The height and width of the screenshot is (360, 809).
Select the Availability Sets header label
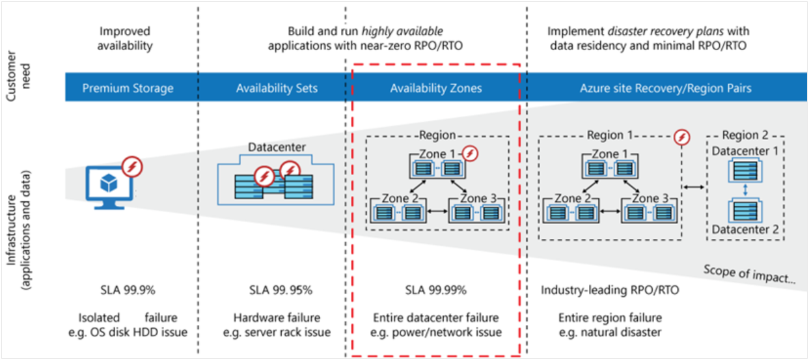click(277, 88)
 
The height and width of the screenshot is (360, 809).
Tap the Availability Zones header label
click(435, 88)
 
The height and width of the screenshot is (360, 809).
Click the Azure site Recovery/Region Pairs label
click(665, 88)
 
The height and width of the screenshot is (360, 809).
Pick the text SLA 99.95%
click(276, 290)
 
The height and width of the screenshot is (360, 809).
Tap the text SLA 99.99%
click(435, 290)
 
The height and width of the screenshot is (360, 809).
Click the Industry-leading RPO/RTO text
click(610, 290)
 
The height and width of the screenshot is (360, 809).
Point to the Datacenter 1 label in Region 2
click(745, 151)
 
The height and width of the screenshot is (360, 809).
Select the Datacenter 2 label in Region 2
click(745, 229)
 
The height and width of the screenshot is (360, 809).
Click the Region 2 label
click(745, 135)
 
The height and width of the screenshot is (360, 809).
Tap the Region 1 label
click(610, 135)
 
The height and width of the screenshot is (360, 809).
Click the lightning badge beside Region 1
click(681, 137)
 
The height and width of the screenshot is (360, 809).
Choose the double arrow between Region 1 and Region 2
click(694, 187)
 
